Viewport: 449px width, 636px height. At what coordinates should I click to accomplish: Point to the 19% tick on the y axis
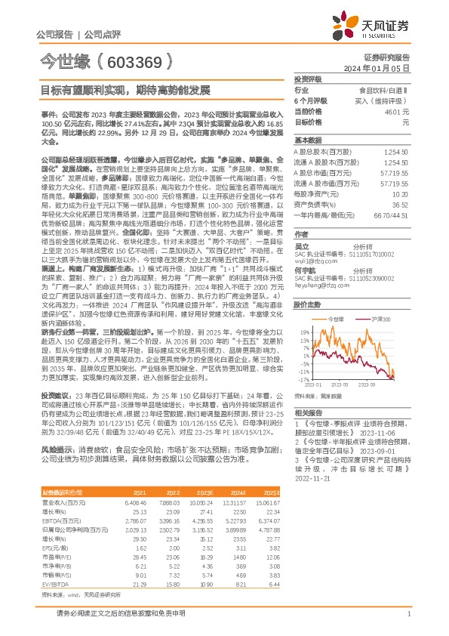tap(303, 332)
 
